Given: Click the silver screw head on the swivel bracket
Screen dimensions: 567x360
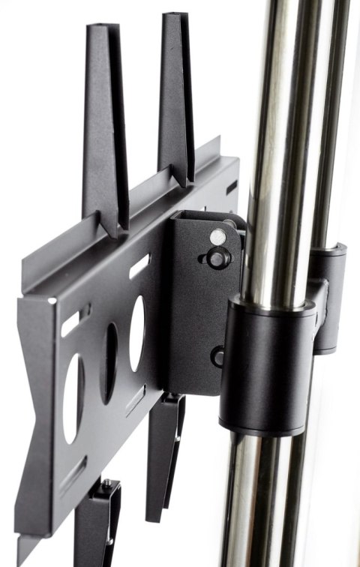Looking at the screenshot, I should [x=217, y=236].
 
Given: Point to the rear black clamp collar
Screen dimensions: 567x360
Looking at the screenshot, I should [x=330, y=296].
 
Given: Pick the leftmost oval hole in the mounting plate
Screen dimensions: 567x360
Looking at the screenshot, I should [x=73, y=397].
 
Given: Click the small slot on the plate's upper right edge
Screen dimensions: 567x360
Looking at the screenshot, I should [x=231, y=184].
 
